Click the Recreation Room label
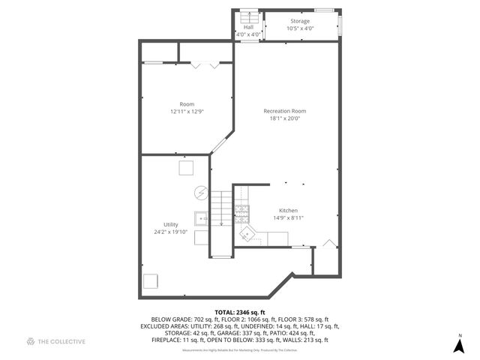(x=284, y=111)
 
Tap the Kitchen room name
(x=289, y=211)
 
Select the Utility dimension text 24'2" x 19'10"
(x=170, y=232)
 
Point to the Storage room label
(x=300, y=21)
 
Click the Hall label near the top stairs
(x=248, y=27)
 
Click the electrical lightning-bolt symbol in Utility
(x=200, y=192)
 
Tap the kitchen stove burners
(x=241, y=214)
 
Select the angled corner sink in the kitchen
(x=248, y=235)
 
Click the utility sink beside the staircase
(x=202, y=219)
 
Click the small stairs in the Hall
(x=248, y=18)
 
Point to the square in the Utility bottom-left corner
(x=151, y=281)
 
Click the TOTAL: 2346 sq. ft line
(x=239, y=311)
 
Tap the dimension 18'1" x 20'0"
(x=284, y=118)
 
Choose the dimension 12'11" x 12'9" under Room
(x=187, y=111)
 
